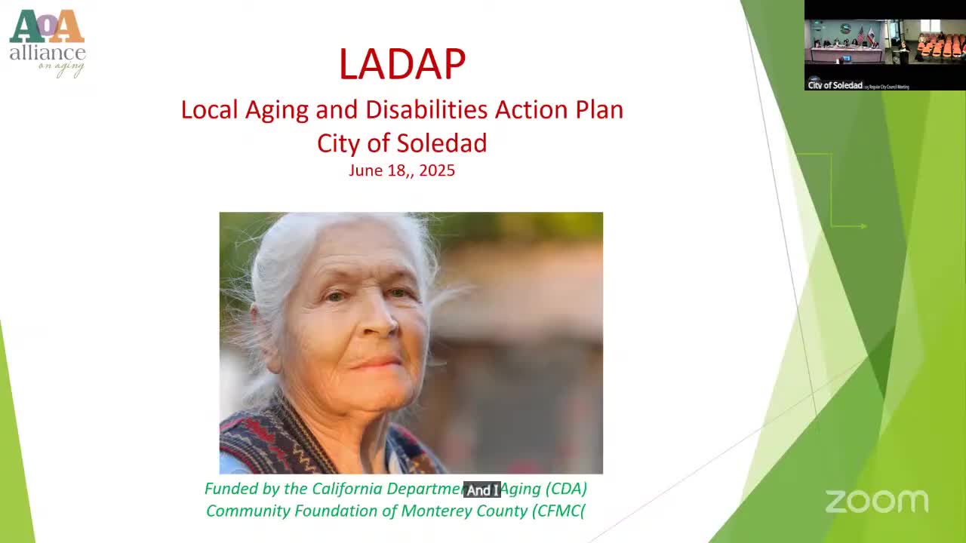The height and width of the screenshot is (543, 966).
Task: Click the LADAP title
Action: (401, 64)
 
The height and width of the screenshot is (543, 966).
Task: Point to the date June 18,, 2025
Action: (401, 170)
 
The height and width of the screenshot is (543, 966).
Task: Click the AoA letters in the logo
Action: (47, 27)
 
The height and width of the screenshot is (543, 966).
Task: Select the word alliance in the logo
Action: (47, 53)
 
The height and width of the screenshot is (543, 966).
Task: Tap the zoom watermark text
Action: (876, 502)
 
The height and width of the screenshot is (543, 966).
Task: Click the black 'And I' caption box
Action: (482, 490)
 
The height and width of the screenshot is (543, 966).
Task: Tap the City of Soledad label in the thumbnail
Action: (835, 85)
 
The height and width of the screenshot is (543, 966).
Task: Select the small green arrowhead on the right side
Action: (863, 225)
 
